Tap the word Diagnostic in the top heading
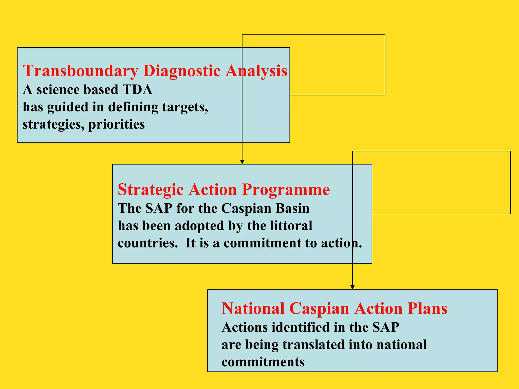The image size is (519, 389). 181,71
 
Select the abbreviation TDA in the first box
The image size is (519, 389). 137,90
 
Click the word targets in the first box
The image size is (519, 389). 185,107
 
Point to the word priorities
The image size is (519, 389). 117,124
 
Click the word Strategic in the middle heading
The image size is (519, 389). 151,189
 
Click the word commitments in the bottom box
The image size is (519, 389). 263,362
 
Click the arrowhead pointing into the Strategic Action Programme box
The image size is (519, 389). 242,162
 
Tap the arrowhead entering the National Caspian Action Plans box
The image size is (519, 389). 352,287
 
